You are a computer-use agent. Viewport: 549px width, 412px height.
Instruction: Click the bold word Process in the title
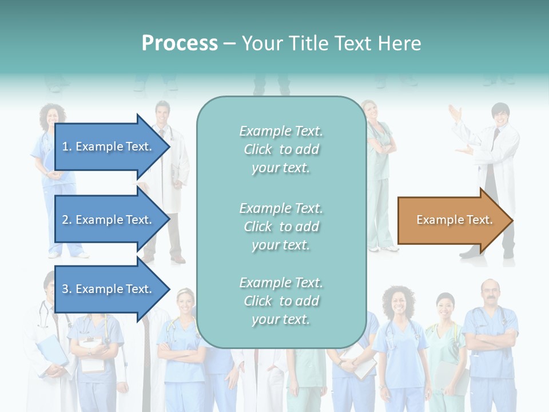[180, 43]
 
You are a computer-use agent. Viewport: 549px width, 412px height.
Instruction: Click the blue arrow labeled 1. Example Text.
[109, 146]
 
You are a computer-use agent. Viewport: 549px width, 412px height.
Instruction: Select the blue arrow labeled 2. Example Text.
[109, 220]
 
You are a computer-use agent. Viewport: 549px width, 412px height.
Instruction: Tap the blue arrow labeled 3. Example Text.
[109, 289]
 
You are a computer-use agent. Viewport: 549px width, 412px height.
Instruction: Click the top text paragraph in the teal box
[281, 149]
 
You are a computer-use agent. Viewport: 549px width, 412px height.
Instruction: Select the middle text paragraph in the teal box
[281, 227]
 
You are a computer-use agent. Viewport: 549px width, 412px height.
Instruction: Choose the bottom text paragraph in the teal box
[281, 301]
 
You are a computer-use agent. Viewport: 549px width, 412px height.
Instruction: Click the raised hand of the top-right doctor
[455, 112]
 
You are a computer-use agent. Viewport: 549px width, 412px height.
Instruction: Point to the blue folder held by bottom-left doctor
[51, 348]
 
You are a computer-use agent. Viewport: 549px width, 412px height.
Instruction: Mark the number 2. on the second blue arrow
[67, 220]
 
